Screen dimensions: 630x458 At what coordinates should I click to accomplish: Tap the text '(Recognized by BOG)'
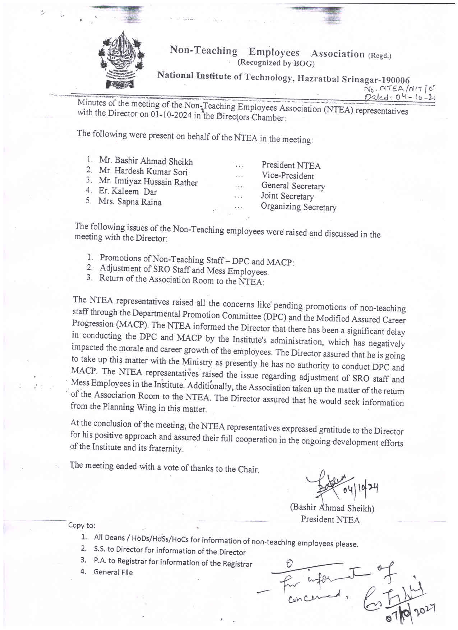pos(276,63)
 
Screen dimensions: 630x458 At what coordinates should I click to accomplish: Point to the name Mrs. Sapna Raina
pos(130,201)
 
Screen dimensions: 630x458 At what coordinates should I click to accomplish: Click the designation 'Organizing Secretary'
pos(299,207)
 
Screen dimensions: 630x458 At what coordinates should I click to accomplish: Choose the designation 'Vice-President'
pos(287,176)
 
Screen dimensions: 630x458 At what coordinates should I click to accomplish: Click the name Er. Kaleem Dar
pos(128,191)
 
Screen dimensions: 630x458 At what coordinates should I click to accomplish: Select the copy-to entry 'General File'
pos(113,572)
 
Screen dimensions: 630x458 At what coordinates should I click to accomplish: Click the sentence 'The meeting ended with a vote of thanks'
pos(164,467)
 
